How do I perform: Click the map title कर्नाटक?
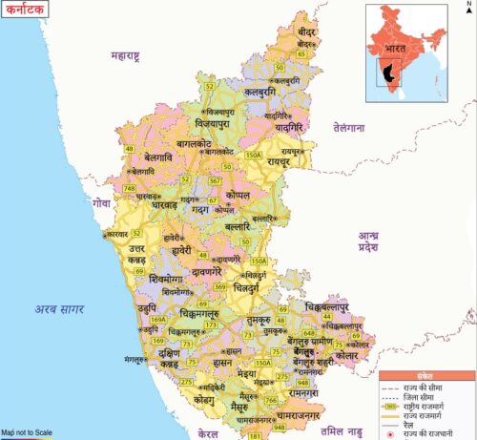tap(27, 10)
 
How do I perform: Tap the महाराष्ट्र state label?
tap(125, 55)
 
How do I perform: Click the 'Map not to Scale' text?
tap(29, 432)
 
